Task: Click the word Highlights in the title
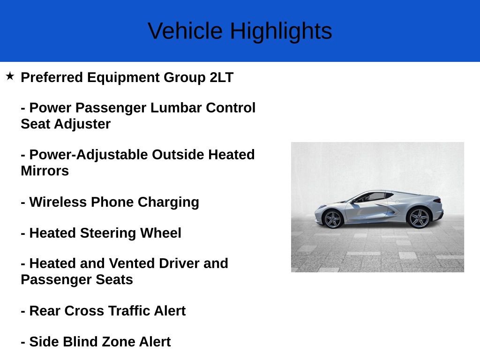281,31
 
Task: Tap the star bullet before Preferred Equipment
10,76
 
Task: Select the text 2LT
221,77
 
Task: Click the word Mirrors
45,171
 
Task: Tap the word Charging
168,202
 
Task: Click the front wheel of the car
333,219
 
